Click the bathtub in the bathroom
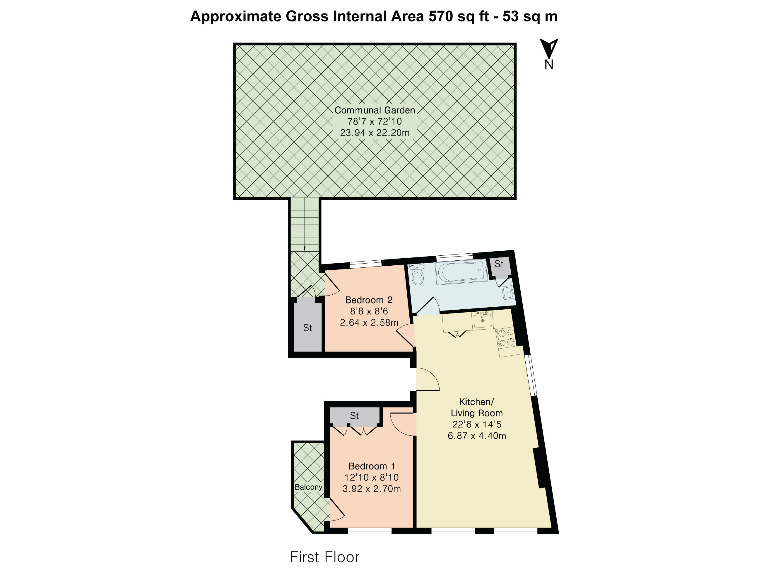point(462,272)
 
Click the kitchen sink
point(483,320)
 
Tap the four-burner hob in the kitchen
point(506,337)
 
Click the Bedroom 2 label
point(369,300)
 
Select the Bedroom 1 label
point(372,466)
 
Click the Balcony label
point(308,487)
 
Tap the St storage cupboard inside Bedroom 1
point(354,416)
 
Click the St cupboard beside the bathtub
point(499,264)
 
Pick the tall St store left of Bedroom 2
point(307,328)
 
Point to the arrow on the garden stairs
point(304,248)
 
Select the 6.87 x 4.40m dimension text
point(477,436)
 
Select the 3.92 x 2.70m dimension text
point(372,488)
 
